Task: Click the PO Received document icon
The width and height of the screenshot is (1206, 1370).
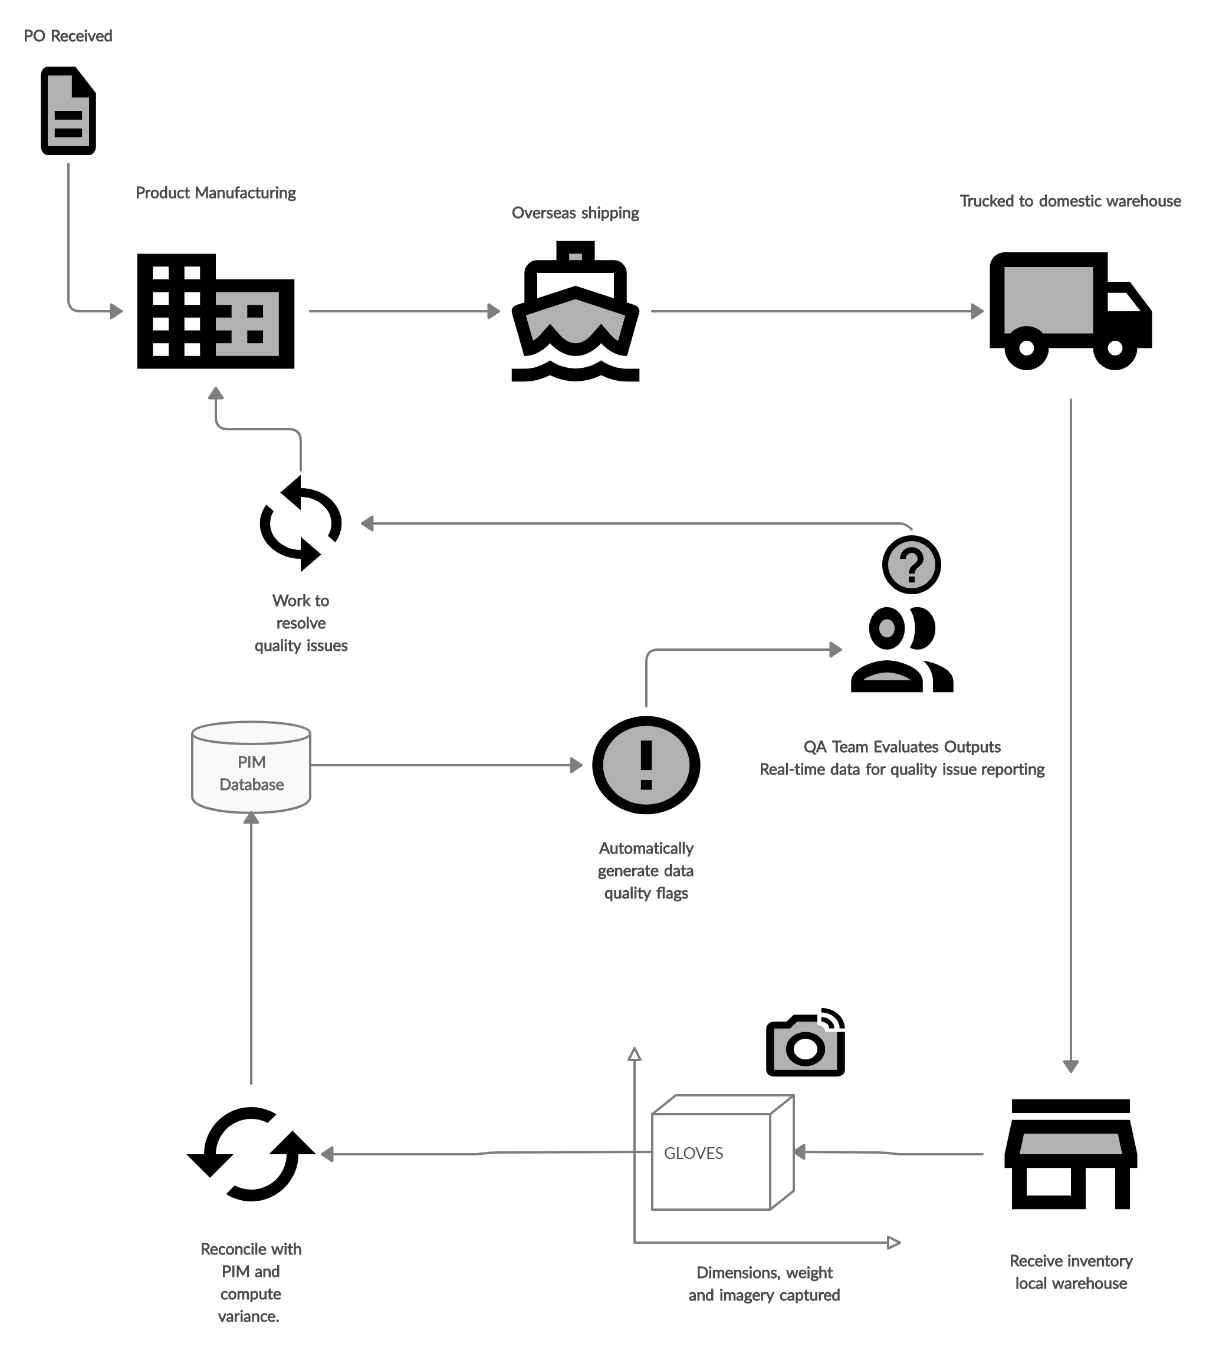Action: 68,111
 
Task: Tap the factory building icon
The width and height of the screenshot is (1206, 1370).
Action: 216,311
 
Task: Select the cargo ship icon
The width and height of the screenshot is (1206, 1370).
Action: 575,311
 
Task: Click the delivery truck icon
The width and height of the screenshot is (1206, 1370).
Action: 1070,311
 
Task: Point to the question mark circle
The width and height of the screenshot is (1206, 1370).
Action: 912,564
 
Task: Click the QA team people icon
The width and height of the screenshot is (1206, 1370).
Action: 902,649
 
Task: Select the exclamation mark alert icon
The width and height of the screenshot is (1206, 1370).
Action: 646,765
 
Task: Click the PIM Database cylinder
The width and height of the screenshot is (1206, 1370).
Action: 251,767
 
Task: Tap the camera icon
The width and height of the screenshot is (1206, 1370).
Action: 805,1042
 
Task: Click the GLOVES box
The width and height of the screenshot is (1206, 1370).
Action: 722,1152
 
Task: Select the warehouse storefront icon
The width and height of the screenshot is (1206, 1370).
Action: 1070,1154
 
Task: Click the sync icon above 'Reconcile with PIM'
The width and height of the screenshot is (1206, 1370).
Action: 251,1154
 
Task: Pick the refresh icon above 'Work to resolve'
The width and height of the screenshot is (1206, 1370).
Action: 301,523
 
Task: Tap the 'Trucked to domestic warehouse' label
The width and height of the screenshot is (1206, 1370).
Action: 1070,201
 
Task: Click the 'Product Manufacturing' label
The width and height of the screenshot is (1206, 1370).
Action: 216,193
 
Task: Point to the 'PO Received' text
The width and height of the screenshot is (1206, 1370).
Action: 68,35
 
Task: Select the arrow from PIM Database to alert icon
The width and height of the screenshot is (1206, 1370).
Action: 447,765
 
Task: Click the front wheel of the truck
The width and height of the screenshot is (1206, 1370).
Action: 1114,348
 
